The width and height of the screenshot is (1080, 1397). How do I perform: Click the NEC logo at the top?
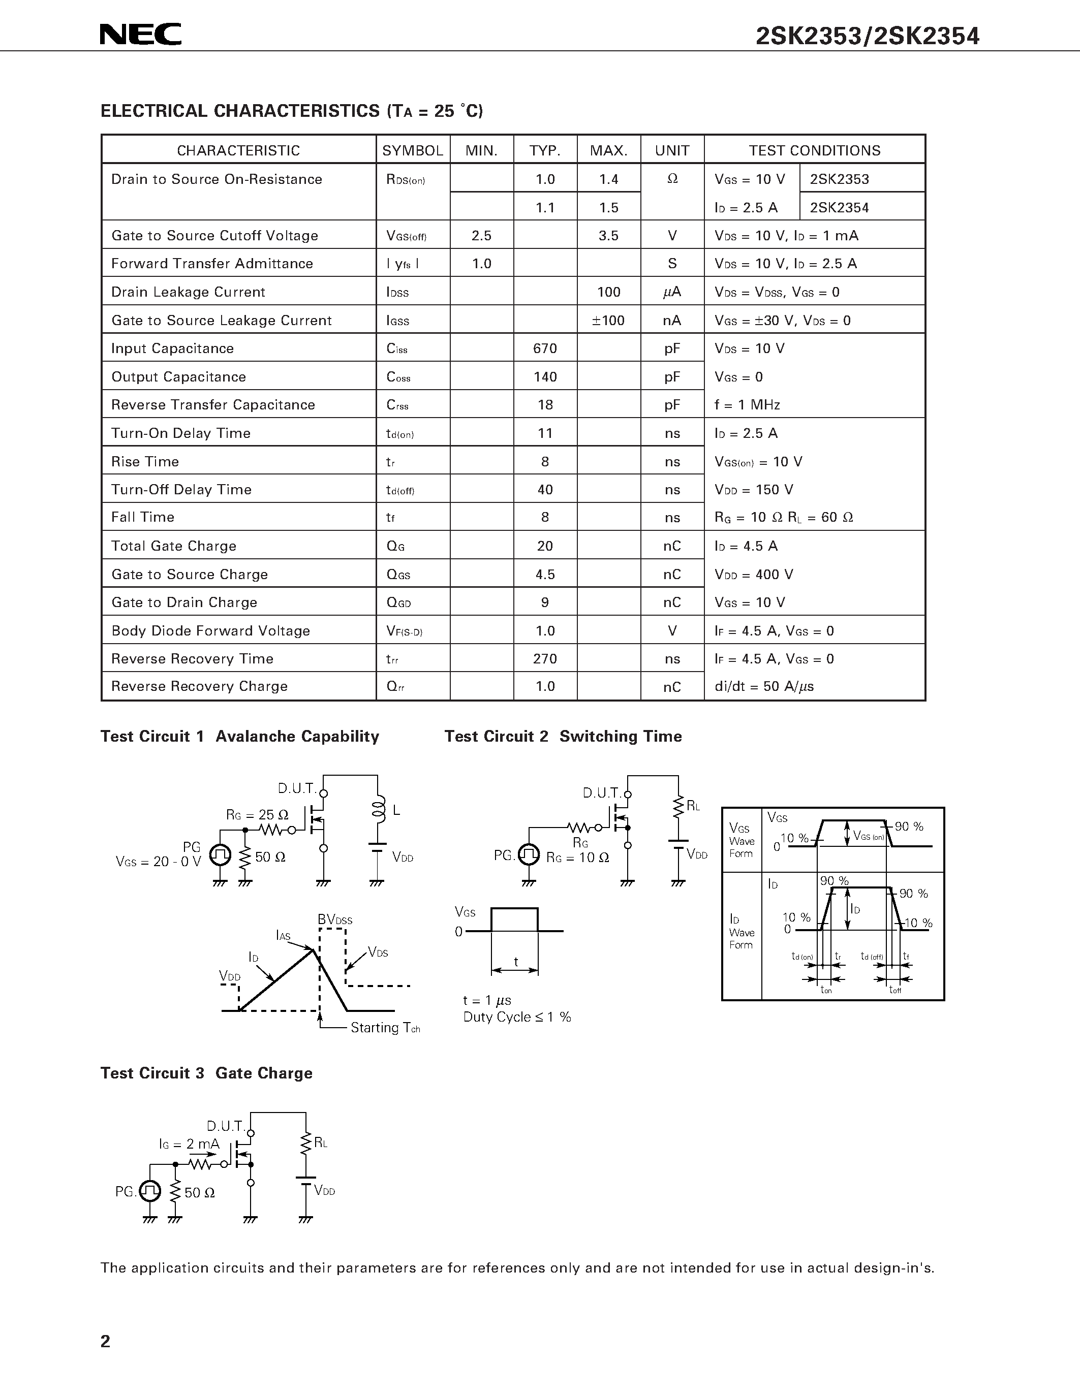pos(141,35)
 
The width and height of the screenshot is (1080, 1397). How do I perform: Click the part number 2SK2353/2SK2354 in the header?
pos(867,37)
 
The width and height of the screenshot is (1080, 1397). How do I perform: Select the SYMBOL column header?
pos(413,150)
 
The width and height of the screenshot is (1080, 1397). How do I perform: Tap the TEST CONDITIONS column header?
pos(815,150)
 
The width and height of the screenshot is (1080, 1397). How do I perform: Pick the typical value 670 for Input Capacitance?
pos(545,348)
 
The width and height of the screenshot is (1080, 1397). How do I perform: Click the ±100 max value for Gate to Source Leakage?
pos(608,321)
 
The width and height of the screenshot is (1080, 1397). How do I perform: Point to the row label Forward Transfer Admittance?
pos(212,264)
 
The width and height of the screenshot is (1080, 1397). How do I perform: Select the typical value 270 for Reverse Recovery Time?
pos(545,659)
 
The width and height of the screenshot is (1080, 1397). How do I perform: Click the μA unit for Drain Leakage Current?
pos(672,292)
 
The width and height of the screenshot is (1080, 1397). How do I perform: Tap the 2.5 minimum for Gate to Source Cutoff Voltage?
pos(481,235)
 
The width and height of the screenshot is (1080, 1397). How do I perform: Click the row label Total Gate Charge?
pos(174,546)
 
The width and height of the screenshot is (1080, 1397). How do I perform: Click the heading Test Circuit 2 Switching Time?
pos(563,736)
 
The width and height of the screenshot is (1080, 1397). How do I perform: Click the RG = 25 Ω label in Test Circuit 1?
pos(257,815)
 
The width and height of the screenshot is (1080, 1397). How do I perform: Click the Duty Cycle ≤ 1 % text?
pos(517,1017)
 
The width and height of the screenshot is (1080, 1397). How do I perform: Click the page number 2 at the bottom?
pos(106,1341)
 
